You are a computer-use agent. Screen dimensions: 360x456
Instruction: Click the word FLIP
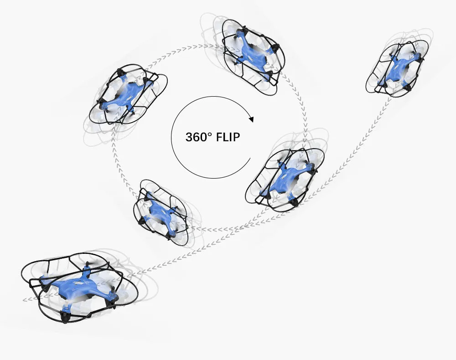[x=225, y=137]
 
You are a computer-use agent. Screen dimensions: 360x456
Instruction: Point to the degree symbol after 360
[x=208, y=134]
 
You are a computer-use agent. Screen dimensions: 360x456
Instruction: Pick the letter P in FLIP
[x=235, y=137]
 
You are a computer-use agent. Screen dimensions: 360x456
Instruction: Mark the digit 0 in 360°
[x=202, y=137]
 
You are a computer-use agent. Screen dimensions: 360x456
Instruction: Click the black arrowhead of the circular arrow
[x=251, y=119]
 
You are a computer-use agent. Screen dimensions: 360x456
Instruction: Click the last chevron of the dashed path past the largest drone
[x=25, y=300]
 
